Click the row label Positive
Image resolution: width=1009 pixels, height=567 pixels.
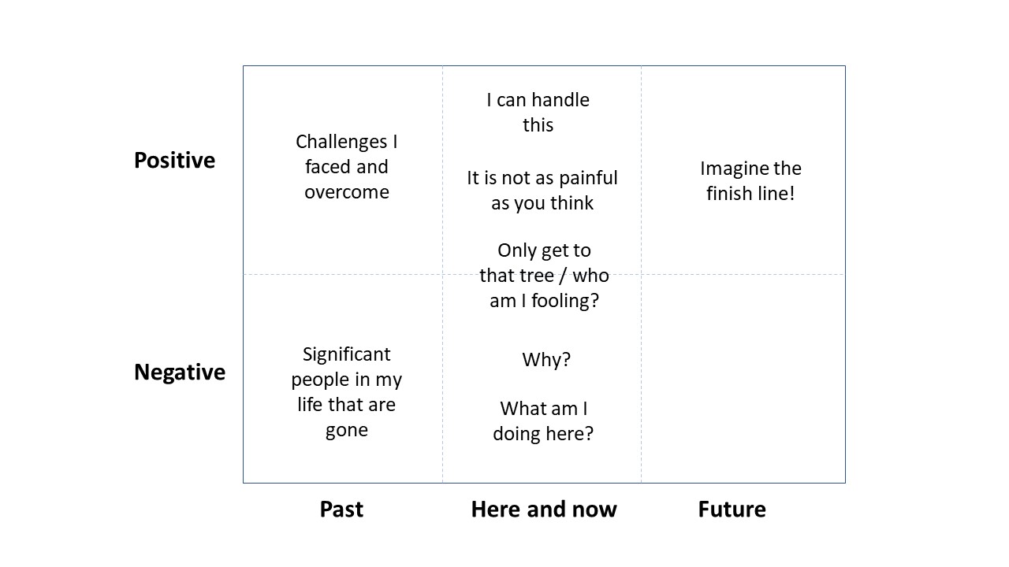(174, 160)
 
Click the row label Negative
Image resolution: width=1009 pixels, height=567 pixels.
(180, 372)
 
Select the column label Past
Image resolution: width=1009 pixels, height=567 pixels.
(341, 509)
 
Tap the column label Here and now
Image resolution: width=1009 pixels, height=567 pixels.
(544, 509)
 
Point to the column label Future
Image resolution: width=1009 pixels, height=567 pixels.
(732, 509)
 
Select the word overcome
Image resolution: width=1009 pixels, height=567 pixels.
(347, 192)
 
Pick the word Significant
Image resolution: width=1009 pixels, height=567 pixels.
(347, 354)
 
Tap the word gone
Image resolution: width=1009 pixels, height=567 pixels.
(347, 430)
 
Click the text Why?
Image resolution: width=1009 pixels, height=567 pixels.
(546, 360)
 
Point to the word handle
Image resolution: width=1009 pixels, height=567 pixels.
(560, 100)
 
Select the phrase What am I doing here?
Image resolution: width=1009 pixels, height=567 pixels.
(543, 421)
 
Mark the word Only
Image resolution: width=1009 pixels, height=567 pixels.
(514, 250)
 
